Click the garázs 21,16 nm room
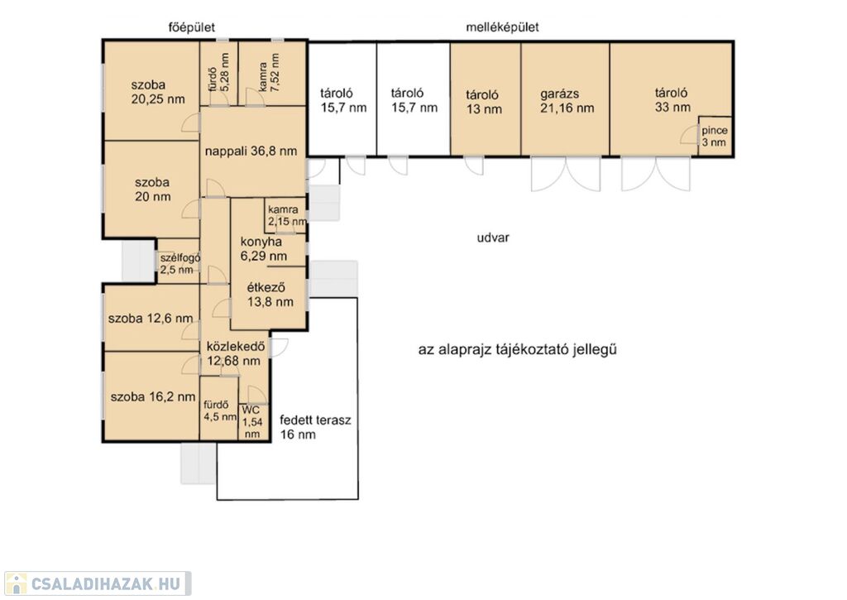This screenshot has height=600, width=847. [566, 100]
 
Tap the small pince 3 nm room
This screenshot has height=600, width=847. [715, 136]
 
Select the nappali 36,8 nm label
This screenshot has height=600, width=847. [251, 151]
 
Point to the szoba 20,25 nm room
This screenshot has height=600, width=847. [152, 91]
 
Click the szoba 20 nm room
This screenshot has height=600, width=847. [152, 190]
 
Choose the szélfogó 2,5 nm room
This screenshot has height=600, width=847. [179, 262]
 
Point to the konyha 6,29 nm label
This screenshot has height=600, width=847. [263, 249]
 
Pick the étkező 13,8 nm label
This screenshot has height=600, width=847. [270, 295]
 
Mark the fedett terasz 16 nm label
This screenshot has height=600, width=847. [315, 427]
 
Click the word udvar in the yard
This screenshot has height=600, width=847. [493, 238]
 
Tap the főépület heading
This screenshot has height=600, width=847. [191, 27]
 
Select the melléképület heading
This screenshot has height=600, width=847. [502, 27]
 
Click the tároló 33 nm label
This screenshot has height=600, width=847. [672, 100]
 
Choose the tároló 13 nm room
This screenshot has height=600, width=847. [485, 100]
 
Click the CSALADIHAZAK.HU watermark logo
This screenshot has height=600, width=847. [98, 583]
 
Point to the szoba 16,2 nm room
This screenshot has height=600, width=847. [152, 396]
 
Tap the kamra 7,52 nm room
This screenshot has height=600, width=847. [272, 73]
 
